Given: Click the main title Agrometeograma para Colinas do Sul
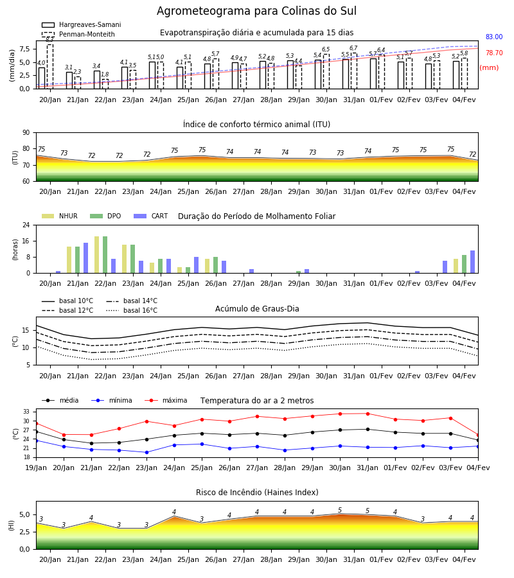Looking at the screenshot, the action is click(256, 11).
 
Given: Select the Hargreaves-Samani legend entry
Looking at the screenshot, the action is click(82, 24).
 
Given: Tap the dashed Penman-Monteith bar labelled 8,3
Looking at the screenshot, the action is click(50, 66).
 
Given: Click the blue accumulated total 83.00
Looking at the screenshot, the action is click(494, 37).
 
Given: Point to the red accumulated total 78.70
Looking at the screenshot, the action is click(494, 53).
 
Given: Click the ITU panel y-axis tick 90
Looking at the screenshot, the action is click(26, 133).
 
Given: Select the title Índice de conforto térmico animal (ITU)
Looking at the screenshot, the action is click(256, 124).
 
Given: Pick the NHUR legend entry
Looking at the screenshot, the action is click(60, 216).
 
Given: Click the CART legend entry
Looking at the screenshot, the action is click(151, 216).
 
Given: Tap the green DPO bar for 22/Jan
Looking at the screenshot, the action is click(105, 255).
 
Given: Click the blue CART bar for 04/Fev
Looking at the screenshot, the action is click(473, 262).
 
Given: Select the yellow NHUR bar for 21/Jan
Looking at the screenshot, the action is click(69, 260).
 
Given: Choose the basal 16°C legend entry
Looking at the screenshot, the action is click(132, 310).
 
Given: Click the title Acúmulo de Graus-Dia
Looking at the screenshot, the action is click(257, 308).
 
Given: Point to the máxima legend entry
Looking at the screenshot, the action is click(166, 400).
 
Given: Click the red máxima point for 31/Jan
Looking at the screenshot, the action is click(368, 414).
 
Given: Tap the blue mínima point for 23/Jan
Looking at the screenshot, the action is click(146, 452).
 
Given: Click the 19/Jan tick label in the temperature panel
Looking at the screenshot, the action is click(36, 468).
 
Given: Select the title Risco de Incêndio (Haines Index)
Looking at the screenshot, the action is click(257, 493).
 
